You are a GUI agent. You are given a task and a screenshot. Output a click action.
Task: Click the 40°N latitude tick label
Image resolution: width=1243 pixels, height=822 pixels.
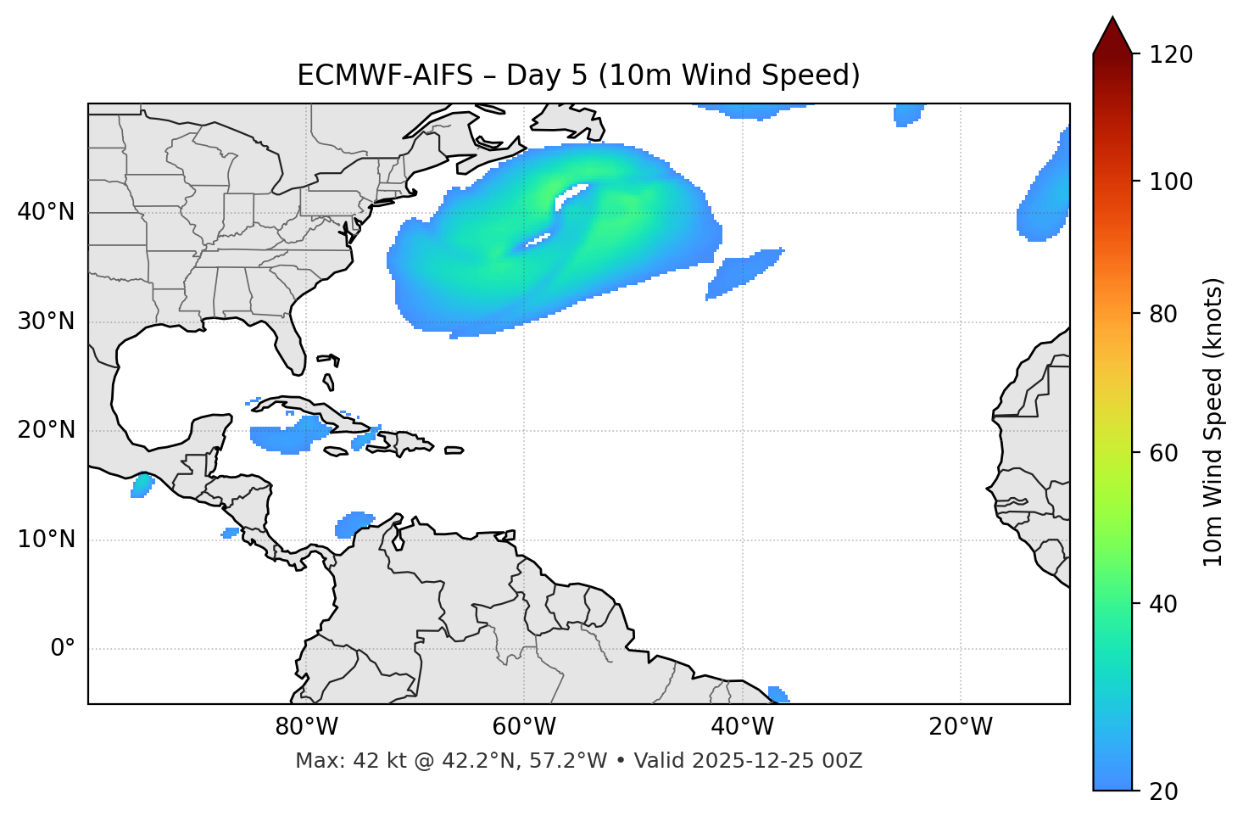click(46, 211)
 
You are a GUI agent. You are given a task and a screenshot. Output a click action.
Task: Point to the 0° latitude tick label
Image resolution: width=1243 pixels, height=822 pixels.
click(63, 649)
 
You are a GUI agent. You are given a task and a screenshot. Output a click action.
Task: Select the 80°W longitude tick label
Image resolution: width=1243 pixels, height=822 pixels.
click(306, 727)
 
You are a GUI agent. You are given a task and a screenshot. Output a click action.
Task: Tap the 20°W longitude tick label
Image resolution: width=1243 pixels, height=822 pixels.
click(961, 727)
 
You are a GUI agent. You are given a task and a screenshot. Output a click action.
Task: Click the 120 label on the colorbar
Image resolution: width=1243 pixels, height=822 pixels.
click(1171, 54)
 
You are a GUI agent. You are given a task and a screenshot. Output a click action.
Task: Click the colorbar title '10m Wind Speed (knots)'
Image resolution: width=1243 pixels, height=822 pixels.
click(1213, 422)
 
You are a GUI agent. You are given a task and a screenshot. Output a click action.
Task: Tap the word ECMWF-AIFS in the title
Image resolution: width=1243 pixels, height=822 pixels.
click(385, 75)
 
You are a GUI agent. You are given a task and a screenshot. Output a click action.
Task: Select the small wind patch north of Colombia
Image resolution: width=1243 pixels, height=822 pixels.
click(354, 523)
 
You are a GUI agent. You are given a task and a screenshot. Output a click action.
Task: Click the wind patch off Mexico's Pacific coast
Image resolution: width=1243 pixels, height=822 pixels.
click(142, 486)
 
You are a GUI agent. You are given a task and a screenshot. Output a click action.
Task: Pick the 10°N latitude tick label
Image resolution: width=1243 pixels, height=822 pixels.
click(46, 540)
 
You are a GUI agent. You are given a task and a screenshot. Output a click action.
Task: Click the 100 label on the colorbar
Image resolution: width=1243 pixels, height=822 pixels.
click(1171, 182)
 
